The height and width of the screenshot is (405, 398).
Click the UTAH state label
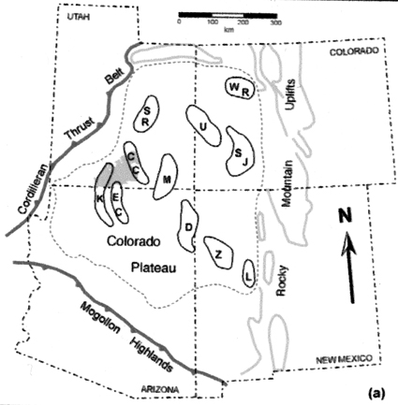click(79, 17)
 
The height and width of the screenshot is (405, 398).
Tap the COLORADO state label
click(354, 51)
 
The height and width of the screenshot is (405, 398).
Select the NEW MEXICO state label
click(345, 360)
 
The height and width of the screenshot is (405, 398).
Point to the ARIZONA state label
click(160, 389)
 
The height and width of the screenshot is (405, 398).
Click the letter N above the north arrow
click(346, 216)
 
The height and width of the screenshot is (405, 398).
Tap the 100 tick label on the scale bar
click(213, 22)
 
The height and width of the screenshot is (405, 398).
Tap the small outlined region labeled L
click(249, 273)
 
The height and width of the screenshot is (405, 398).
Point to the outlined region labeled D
click(188, 226)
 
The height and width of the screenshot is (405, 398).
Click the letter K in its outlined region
click(100, 199)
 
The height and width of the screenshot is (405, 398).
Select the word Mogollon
click(100, 318)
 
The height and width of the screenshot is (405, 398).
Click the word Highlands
click(151, 354)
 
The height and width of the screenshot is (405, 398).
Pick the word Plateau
click(154, 268)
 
